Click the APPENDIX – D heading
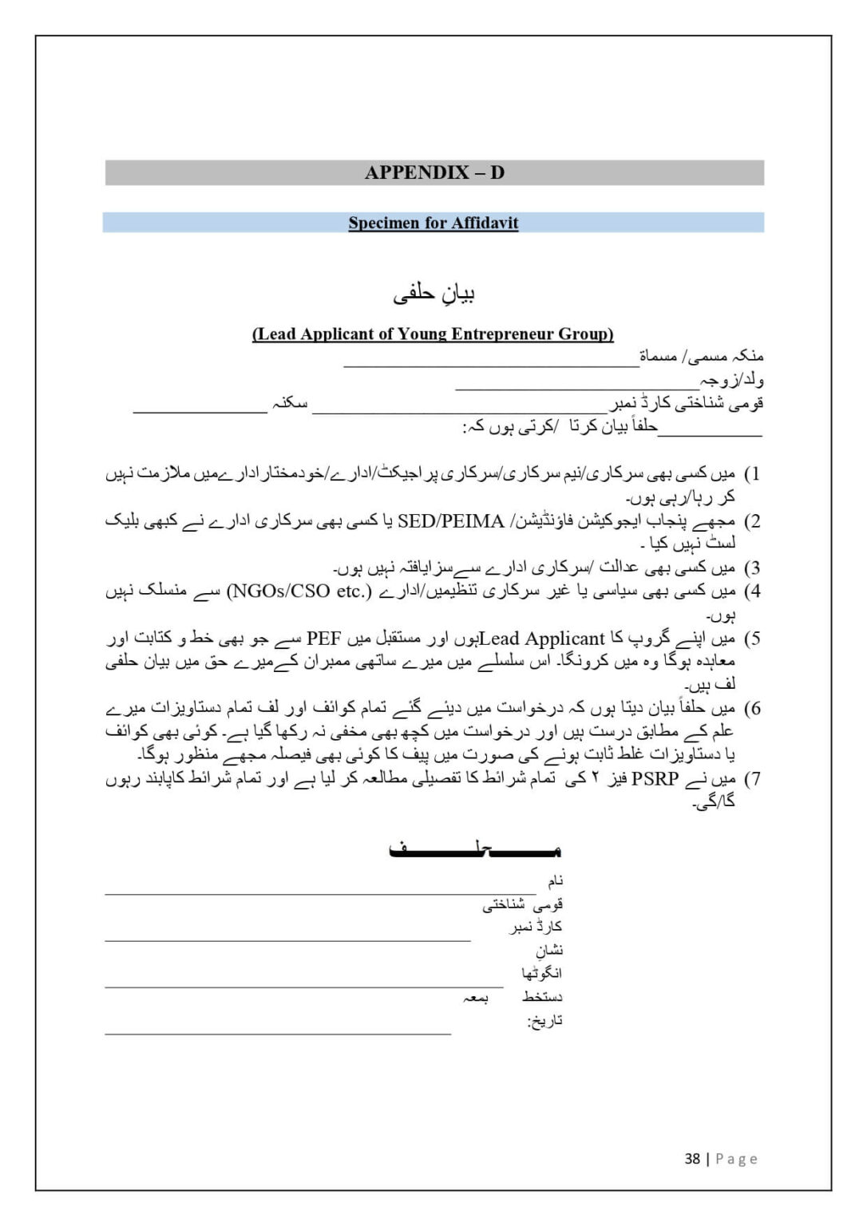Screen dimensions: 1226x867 coord(434,172)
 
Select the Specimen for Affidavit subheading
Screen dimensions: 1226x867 coord(433,223)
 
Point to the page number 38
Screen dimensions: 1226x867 coord(692,1158)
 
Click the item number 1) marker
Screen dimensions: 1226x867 coord(752,474)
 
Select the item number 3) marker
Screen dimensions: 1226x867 coord(752,568)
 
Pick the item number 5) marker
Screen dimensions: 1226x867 coord(752,639)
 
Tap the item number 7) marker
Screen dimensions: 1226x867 coord(752,779)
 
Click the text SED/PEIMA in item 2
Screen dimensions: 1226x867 coord(450,521)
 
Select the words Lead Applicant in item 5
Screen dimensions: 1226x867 coord(542,639)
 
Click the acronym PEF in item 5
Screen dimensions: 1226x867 coord(324,639)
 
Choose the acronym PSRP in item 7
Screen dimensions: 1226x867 coord(655,779)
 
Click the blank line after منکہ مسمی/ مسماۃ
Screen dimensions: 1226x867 coord(491,366)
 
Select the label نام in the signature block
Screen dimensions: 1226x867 coord(555,881)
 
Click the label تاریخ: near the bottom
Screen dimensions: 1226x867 coord(544,1021)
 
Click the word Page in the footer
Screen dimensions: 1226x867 coord(736,1158)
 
